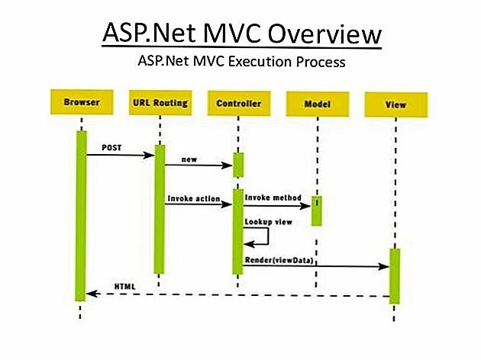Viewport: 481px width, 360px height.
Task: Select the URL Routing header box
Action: [x=160, y=102]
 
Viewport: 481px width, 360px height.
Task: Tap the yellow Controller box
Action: [x=238, y=103]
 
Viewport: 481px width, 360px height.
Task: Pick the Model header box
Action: [x=315, y=103]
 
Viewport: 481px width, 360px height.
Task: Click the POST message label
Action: [x=111, y=146]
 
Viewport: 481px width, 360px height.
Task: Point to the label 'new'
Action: [x=189, y=159]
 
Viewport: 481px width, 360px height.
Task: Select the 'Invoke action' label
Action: [x=192, y=199]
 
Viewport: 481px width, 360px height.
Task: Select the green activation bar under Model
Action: [x=315, y=211]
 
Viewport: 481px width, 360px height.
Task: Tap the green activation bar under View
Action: [x=395, y=275]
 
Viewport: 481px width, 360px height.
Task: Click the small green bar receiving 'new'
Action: [x=238, y=164]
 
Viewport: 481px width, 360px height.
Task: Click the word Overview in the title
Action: [x=321, y=34]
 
